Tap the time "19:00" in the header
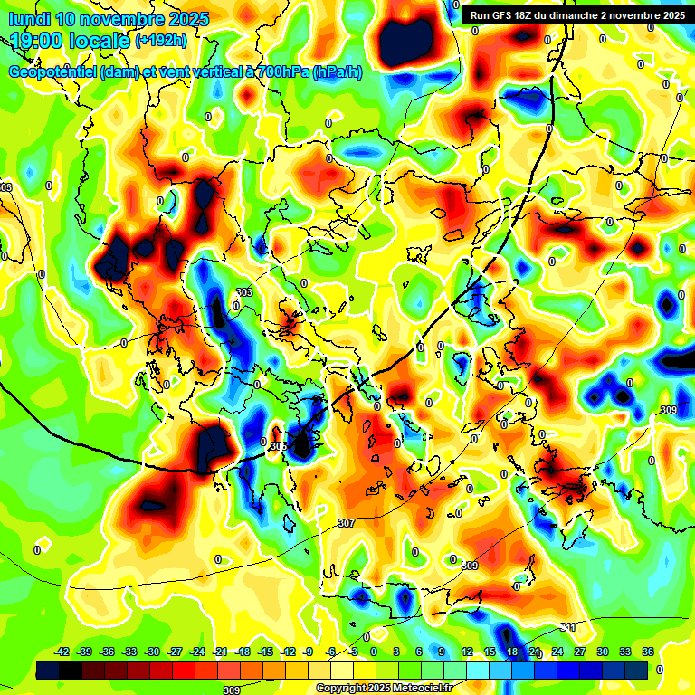(x=36, y=41)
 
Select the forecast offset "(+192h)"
(x=161, y=41)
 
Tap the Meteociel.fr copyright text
(x=383, y=688)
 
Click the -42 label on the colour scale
(x=62, y=652)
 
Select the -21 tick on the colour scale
(x=221, y=652)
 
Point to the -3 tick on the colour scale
(x=354, y=652)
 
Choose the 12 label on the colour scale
(x=467, y=652)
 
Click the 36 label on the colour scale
(x=648, y=652)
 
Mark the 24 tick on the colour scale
(x=557, y=652)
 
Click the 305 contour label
(x=278, y=446)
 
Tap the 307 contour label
(x=346, y=523)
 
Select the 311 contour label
(x=567, y=626)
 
